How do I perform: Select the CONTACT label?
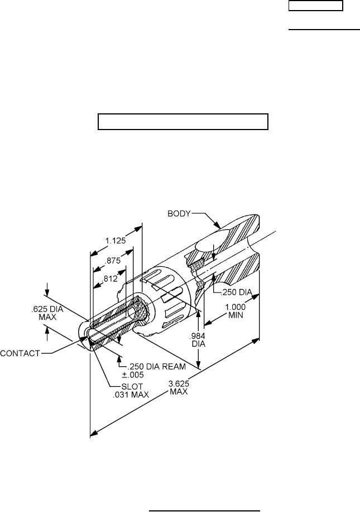point(20,352)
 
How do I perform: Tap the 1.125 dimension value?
point(115,241)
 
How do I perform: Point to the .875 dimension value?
point(114,260)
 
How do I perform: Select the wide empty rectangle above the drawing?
point(184,121)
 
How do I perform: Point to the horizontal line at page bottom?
point(205,495)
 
